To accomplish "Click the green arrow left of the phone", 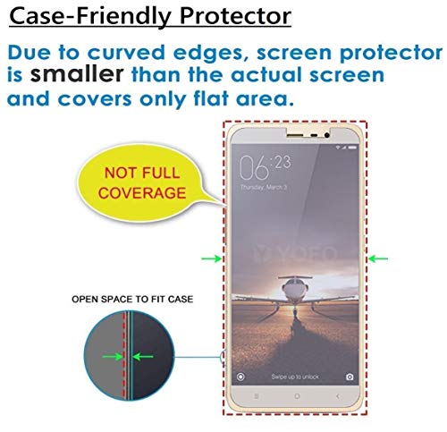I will (x=211, y=259).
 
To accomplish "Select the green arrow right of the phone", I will (x=378, y=259).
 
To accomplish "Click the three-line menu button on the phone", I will (x=255, y=395).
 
